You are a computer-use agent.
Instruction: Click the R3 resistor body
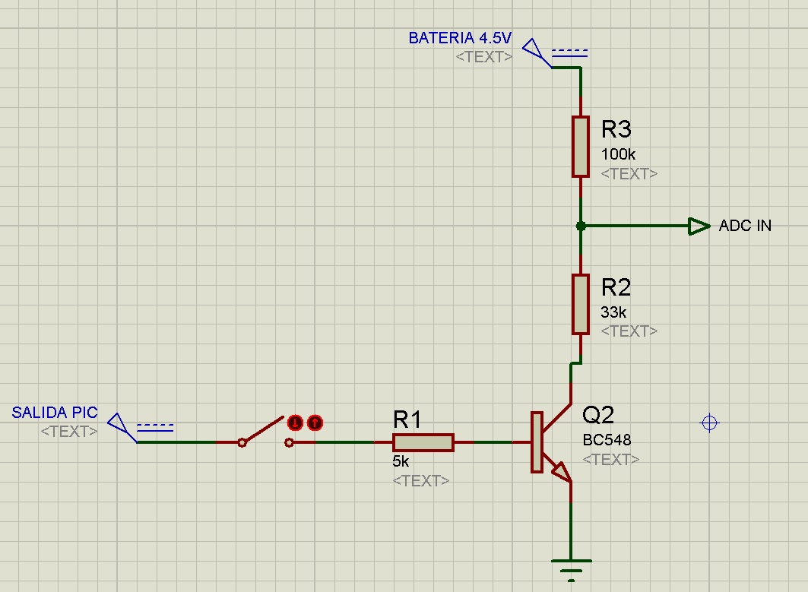580,147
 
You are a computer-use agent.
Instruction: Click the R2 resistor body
580,305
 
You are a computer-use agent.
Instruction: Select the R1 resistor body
423,442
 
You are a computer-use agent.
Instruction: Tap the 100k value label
618,154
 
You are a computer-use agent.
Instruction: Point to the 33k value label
613,312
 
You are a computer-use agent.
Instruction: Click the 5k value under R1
401,461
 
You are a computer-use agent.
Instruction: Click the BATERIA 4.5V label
460,37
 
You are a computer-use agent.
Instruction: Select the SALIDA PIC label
55,412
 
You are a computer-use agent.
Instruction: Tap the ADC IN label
745,225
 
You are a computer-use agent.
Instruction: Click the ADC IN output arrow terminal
699,226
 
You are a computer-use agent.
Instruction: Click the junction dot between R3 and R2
581,226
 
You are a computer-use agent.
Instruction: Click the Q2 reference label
597,414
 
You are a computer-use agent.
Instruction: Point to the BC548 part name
607,439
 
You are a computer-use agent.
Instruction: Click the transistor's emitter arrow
562,471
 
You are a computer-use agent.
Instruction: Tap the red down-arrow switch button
295,423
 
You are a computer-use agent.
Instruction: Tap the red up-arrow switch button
315,423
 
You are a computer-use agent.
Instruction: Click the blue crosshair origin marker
710,423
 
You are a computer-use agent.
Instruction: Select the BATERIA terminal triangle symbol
536,52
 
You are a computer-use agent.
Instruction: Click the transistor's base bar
537,442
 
